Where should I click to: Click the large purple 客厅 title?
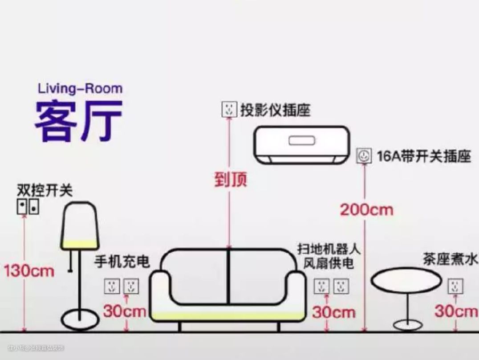tap(78, 120)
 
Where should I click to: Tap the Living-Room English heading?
tap(80, 88)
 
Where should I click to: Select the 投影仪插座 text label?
tap(275, 110)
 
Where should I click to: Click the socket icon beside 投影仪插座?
tap(229, 110)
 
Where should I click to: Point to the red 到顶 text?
tap(230, 180)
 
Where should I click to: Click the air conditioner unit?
tap(302, 143)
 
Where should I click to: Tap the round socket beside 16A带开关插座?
tap(364, 156)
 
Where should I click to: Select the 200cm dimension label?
tap(367, 209)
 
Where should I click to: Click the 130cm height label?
tap(29, 270)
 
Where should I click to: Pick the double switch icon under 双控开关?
tap(28, 206)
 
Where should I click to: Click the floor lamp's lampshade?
tap(79, 225)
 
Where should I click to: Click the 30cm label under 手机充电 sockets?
tap(125, 311)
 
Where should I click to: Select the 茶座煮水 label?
tap(450, 259)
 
